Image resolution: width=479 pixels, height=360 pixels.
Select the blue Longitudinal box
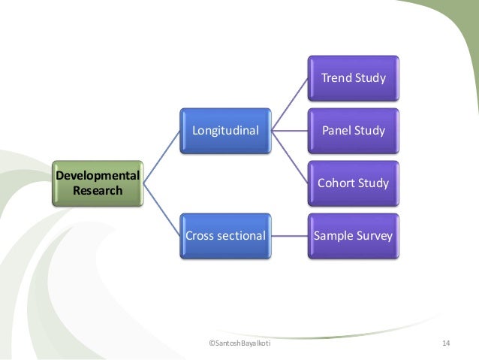tap(225, 130)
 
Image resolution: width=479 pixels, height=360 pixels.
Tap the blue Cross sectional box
tap(225, 235)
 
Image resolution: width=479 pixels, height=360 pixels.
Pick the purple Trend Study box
tap(353, 77)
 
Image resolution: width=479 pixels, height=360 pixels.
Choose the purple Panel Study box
tap(353, 130)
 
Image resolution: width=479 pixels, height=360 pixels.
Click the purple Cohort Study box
tap(353, 183)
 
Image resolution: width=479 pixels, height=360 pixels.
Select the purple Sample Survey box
tap(353, 235)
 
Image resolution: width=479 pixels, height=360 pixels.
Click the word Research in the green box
tap(97, 190)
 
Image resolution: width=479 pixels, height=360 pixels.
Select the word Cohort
tap(336, 183)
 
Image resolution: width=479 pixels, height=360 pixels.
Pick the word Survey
tap(373, 235)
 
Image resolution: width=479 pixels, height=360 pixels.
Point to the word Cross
tap(200, 235)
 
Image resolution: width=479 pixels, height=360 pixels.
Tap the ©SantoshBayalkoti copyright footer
tap(240, 343)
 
